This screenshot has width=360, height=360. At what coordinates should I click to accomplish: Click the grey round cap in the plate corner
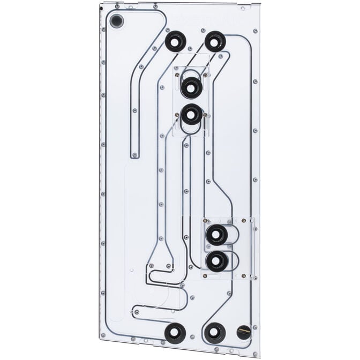pyautogui.click(x=116, y=21)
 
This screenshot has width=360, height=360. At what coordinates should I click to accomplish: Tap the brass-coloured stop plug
pyautogui.click(x=243, y=332)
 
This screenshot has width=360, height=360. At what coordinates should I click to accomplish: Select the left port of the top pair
pyautogui.click(x=175, y=41)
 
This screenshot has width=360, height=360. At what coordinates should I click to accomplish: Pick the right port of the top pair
pyautogui.click(x=215, y=41)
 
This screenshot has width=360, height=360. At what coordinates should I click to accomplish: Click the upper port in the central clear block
pyautogui.click(x=191, y=87)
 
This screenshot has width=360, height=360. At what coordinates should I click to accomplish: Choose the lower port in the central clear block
pyautogui.click(x=191, y=114)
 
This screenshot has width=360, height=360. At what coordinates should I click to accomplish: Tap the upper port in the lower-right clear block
pyautogui.click(x=216, y=235)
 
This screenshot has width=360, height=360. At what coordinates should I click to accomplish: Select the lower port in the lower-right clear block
pyautogui.click(x=216, y=261)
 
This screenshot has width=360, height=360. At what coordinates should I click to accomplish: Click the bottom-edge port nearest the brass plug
pyautogui.click(x=215, y=333)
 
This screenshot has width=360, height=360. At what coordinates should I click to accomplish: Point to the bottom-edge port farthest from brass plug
pyautogui.click(x=175, y=333)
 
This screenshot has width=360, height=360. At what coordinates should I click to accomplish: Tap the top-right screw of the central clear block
pyautogui.click(x=206, y=68)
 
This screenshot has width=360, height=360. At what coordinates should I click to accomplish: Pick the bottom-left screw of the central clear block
pyautogui.click(x=177, y=115)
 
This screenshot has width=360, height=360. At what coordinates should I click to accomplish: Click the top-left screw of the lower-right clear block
pyautogui.click(x=205, y=220)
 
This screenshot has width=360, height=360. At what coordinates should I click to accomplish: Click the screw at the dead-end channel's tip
pyautogui.click(x=134, y=155)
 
